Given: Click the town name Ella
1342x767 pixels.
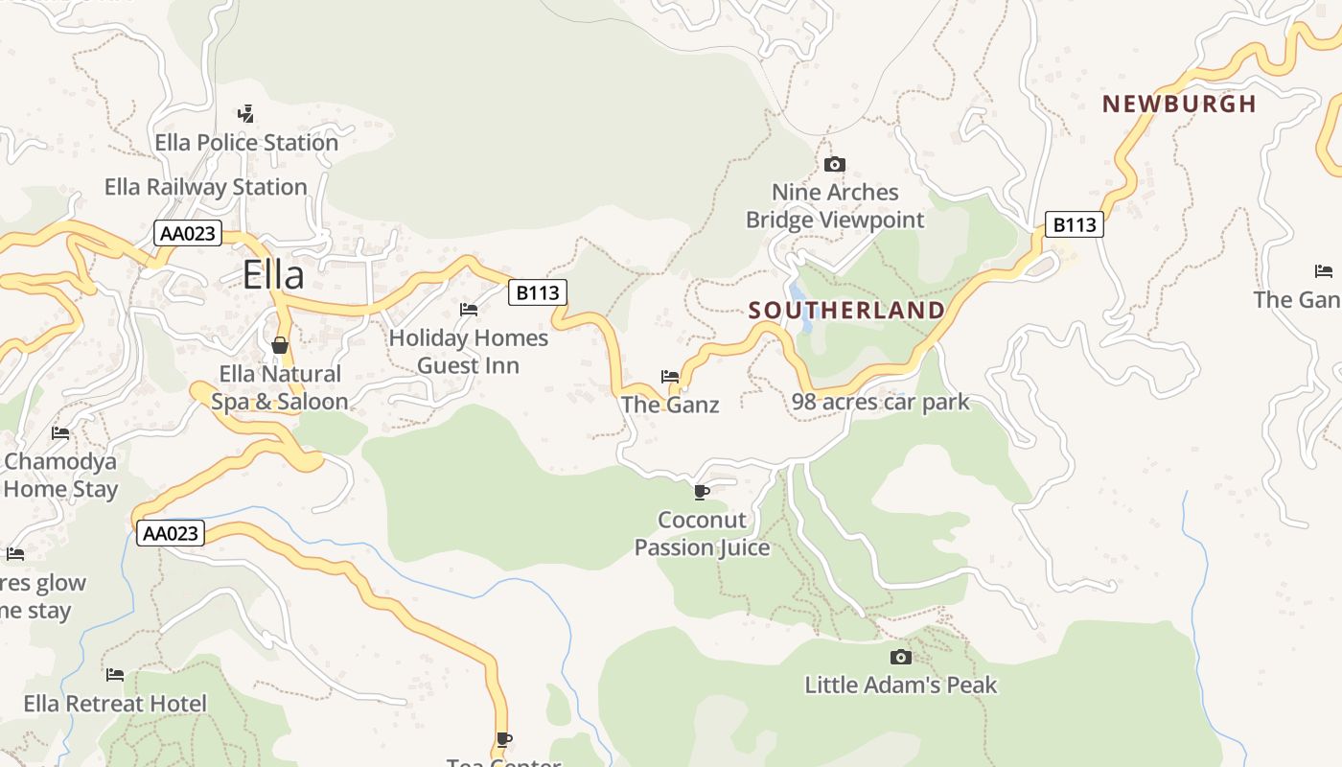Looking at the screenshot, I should pos(273,275).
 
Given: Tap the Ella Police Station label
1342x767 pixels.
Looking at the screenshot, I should pos(246,143).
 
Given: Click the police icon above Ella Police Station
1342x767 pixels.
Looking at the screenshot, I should pos(246,113).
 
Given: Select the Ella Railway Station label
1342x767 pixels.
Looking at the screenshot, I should pos(206,187).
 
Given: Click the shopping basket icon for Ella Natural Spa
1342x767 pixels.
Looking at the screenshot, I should pos(280,345).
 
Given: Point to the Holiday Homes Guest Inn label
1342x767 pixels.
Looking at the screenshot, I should pos(469,352).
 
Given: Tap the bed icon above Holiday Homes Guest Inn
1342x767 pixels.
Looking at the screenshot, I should pos(469,309).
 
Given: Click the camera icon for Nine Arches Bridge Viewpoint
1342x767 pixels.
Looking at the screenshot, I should pos(835,164).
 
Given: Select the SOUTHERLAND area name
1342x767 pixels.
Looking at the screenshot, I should pos(846,311).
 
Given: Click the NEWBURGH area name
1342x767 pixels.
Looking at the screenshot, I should pos(1179,105).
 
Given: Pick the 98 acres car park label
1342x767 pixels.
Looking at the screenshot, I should pos(881,402).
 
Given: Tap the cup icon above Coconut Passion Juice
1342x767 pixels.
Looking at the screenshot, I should pos(702,492).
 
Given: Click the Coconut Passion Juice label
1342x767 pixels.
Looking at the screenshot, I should pos(703,534).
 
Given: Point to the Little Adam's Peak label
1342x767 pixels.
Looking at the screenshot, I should pos(901,686).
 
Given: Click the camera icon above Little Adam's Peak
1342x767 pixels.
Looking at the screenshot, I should pos(900,657).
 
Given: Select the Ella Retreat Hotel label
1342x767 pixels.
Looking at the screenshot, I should pos(115,705).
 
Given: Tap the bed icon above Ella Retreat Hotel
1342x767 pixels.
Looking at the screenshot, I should pos(115,675).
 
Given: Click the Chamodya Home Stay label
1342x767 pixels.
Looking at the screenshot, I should pos(59,476).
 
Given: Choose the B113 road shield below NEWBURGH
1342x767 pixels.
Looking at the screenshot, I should pos(1074,224).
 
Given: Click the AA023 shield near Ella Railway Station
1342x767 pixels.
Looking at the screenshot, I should pos(188,233).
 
